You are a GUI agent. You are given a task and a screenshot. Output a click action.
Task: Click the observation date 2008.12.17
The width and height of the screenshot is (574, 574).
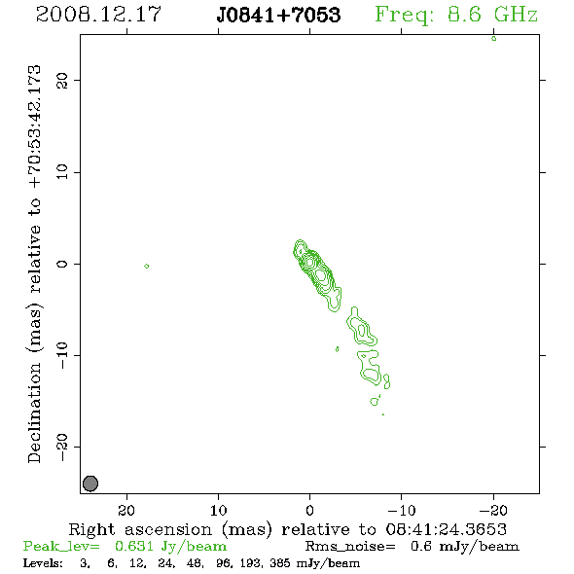(98, 15)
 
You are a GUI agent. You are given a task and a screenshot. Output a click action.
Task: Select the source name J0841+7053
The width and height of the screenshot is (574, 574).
(278, 15)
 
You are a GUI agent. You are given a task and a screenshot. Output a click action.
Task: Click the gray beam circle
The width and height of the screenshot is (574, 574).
(90, 484)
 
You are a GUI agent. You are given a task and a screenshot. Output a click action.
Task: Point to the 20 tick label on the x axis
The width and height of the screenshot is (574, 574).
(126, 510)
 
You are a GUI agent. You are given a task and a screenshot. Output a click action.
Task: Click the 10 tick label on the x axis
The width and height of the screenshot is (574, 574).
(218, 510)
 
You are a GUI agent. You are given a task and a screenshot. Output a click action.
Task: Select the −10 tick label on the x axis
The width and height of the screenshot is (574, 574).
(402, 510)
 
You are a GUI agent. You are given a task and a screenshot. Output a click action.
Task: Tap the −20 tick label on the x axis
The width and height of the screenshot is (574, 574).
(493, 510)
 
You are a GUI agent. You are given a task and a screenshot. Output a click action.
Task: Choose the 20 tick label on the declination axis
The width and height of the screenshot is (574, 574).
(62, 80)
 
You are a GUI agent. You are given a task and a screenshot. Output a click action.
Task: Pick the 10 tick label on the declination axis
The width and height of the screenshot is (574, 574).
(62, 172)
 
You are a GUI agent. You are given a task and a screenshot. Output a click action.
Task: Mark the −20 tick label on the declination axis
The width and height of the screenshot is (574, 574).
(62, 447)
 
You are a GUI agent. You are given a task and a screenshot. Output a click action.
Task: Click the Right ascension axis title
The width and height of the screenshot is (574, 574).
(288, 529)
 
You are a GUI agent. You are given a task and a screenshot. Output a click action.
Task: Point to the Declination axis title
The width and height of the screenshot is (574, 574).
(34, 264)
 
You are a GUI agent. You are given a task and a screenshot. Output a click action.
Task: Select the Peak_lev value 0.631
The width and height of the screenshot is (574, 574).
(133, 546)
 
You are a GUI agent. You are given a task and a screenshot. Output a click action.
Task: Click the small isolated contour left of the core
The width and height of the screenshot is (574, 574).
(147, 267)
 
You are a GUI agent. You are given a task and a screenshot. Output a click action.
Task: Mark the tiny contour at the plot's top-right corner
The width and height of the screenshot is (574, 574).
(494, 39)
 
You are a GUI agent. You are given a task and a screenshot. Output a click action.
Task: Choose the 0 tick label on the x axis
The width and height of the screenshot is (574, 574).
(309, 510)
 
